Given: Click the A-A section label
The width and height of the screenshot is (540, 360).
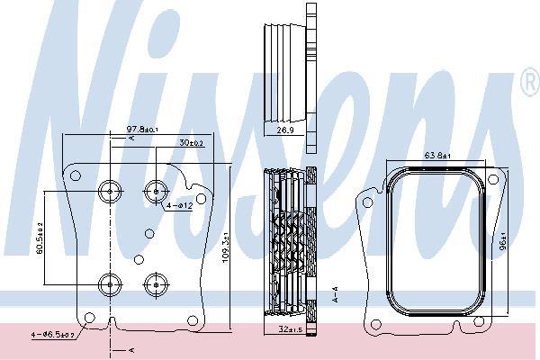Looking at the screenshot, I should tap(335, 292).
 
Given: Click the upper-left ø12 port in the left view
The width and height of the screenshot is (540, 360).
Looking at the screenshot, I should tap(110, 190).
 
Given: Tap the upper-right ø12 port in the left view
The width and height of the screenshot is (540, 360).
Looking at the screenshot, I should tap(155, 190).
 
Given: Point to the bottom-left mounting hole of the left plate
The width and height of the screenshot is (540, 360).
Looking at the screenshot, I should tap(88, 316).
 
